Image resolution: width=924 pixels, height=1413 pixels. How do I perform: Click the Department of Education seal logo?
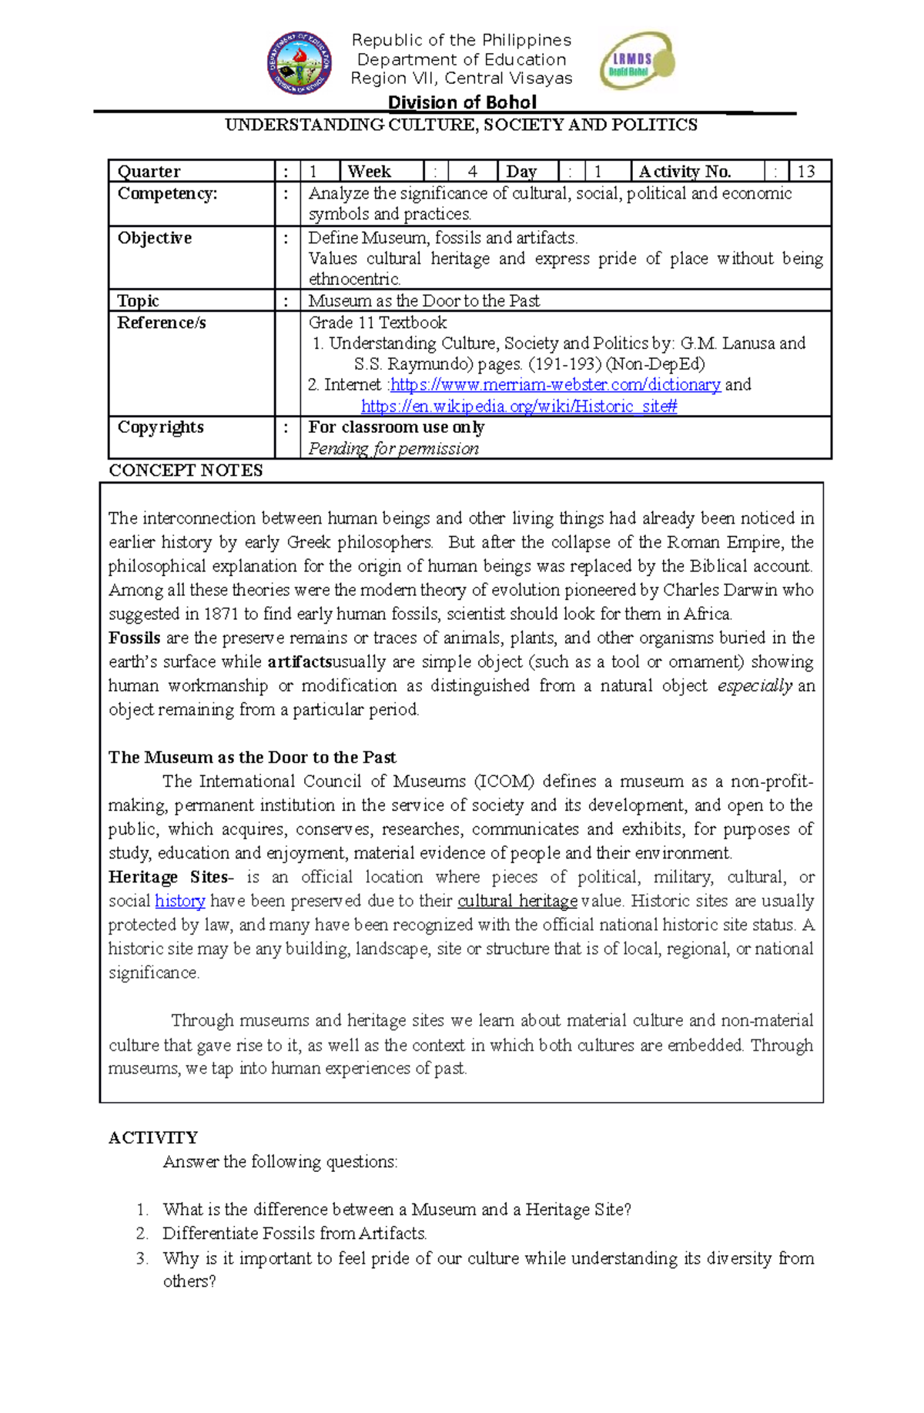tap(300, 63)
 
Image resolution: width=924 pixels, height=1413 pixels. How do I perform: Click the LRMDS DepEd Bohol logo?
tap(637, 60)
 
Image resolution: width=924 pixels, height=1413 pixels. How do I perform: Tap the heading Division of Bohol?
tap(462, 102)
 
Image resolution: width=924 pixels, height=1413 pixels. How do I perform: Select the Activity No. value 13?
tap(806, 171)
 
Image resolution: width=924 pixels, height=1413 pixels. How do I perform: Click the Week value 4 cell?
tap(472, 171)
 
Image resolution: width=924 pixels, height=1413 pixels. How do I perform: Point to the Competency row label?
tap(167, 193)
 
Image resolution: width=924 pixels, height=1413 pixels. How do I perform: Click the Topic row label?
tap(138, 300)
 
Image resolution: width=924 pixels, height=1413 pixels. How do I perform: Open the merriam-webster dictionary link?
tap(555, 384)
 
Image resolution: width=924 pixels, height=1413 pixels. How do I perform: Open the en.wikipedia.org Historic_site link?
tap(518, 406)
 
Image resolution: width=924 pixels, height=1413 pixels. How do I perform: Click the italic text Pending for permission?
tap(393, 448)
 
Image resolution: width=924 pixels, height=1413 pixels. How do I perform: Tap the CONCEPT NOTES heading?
tap(186, 470)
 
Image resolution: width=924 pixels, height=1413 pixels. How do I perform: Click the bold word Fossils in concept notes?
tap(134, 638)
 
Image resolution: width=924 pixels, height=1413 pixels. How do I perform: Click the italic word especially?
tap(754, 685)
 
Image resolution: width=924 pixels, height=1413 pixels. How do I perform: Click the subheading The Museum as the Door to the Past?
tap(252, 757)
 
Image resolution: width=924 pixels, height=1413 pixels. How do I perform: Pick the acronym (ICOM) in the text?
tap(504, 781)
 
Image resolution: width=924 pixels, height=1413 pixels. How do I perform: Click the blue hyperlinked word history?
tap(179, 901)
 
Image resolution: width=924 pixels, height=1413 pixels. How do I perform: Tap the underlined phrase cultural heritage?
tap(517, 901)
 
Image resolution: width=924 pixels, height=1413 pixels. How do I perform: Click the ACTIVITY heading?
tap(153, 1137)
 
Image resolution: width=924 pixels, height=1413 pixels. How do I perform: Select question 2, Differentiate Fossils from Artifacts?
tap(294, 1233)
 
